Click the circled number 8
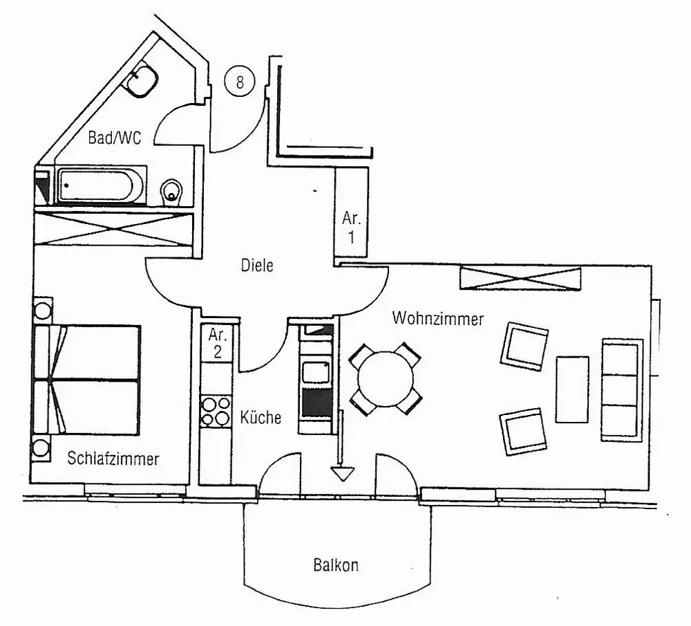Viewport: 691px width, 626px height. (x=240, y=82)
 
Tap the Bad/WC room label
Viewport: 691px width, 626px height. (x=115, y=138)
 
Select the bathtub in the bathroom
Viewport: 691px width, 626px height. (x=101, y=185)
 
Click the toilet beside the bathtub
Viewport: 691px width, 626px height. (x=171, y=192)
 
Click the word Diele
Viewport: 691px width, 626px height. (x=257, y=265)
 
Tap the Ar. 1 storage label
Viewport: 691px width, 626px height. (x=352, y=228)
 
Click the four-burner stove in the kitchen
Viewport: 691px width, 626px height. (x=215, y=411)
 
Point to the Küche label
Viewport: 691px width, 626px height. (x=261, y=418)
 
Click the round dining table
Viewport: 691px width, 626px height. (x=386, y=379)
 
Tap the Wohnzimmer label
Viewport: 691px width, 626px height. (x=438, y=319)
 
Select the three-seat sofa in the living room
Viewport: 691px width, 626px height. (x=621, y=389)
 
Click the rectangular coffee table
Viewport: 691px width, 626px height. (x=572, y=389)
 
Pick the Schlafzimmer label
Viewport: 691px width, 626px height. (x=113, y=458)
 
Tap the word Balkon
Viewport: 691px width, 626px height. (x=336, y=565)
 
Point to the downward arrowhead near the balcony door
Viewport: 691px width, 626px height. (x=342, y=474)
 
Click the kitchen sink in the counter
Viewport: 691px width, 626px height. (x=317, y=371)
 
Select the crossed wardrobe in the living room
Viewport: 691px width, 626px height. (x=520, y=278)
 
